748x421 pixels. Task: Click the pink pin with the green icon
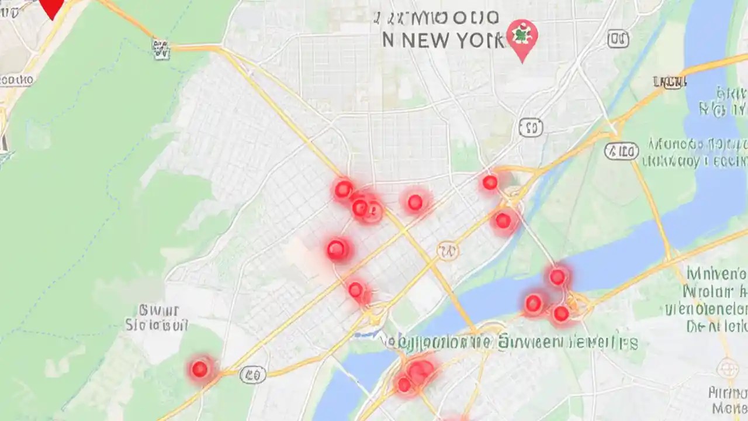click(521, 36)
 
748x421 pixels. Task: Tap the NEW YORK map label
click(443, 40)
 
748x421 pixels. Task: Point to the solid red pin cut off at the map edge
click(53, 7)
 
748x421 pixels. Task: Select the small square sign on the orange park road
click(161, 49)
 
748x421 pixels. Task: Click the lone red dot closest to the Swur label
click(200, 369)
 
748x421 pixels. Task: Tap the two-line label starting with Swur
click(157, 317)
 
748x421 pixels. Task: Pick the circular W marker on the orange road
click(448, 251)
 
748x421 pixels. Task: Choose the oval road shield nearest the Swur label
click(253, 374)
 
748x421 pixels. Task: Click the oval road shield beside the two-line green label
click(621, 151)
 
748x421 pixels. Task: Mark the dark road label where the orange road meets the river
click(672, 82)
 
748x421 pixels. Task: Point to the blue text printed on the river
click(723, 101)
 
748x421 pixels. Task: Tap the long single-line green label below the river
click(508, 342)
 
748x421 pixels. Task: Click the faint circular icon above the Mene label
click(727, 368)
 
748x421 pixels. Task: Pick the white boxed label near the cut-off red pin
click(16, 80)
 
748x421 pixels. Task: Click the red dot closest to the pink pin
click(490, 183)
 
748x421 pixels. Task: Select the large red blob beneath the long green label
click(420, 372)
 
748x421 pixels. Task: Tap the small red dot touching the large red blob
click(404, 384)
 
